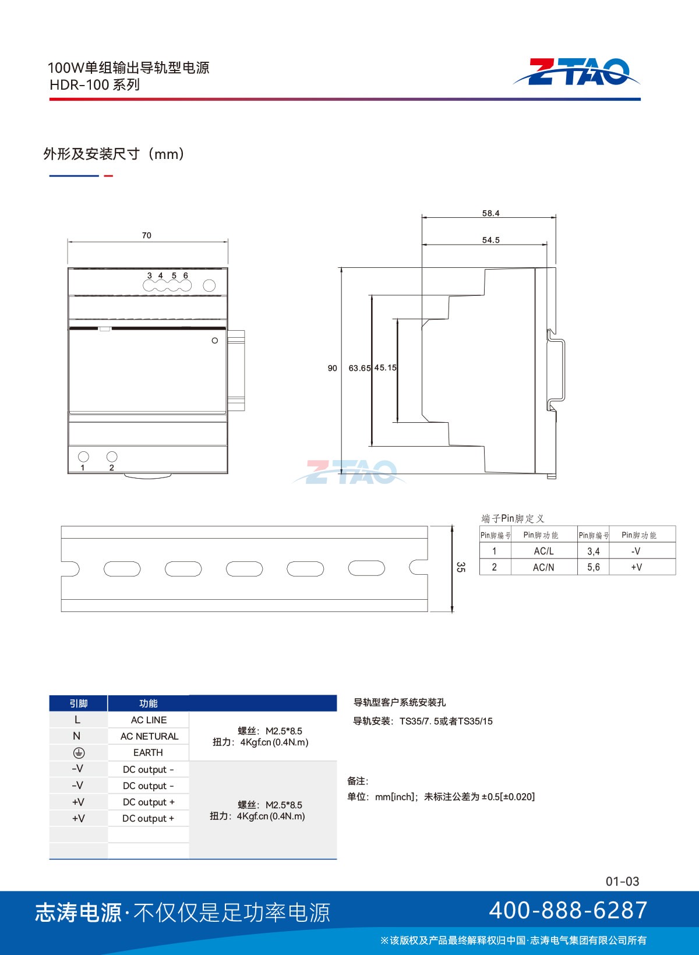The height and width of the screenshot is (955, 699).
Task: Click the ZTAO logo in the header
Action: (576, 72)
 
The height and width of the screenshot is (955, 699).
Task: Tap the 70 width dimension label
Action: (146, 235)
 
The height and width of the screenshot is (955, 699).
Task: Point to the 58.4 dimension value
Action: (490, 213)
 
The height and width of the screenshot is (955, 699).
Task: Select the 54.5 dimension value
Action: (490, 240)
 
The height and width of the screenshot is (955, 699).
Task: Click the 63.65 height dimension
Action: (359, 368)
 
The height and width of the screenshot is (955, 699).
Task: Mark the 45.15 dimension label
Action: (386, 367)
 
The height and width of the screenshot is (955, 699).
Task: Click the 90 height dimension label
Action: (332, 368)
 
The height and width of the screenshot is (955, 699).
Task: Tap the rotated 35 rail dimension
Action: (461, 567)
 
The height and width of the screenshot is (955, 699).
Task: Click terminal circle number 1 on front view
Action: (84, 457)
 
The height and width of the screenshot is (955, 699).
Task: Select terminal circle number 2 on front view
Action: (112, 457)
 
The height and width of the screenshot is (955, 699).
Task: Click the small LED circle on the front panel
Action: (215, 341)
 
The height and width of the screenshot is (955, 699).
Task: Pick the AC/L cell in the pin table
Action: (543, 551)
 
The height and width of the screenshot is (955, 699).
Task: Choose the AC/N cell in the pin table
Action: (543, 567)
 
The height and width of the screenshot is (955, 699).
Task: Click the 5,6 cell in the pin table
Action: (593, 567)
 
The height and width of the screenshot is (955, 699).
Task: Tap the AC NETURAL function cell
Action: (149, 736)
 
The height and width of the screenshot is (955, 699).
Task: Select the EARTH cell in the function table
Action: (148, 752)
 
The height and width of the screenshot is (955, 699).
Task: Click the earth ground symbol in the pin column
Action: (79, 753)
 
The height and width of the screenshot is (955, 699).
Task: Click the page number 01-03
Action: (622, 881)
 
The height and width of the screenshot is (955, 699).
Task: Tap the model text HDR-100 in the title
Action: (80, 85)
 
